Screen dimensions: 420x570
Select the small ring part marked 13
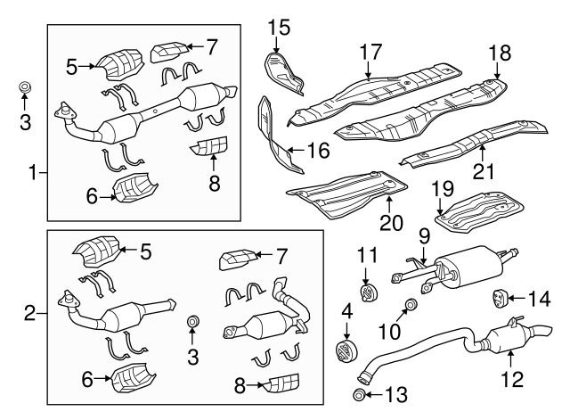[358, 395]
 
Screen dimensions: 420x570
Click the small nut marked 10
[411, 308]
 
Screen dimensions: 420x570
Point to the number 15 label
[280, 29]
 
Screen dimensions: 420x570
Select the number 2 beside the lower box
[29, 312]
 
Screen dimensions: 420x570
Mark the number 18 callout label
[496, 51]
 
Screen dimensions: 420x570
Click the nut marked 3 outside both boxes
[25, 86]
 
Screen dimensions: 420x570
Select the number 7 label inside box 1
[211, 45]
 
